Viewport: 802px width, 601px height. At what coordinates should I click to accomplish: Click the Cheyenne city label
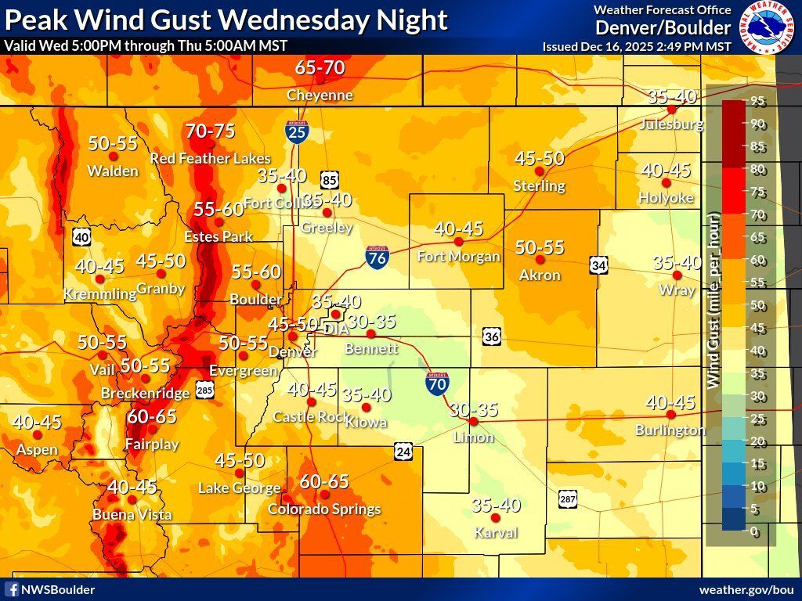point(320,95)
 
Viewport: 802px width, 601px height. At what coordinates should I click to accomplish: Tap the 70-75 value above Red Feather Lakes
point(210,131)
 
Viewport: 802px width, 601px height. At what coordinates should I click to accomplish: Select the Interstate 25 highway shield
point(296,131)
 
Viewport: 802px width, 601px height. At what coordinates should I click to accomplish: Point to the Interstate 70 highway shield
point(438,383)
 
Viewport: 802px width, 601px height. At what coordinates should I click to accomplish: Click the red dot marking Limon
point(473,421)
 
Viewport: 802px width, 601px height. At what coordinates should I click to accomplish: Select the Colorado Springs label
point(324,509)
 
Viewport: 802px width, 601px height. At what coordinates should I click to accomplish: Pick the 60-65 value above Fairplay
point(152,416)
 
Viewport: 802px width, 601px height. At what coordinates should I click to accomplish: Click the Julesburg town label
point(670,124)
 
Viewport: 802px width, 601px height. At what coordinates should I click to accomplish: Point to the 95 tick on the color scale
point(758,101)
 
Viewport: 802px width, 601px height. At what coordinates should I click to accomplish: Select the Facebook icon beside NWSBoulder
point(12,589)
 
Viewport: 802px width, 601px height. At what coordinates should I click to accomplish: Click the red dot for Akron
point(540,259)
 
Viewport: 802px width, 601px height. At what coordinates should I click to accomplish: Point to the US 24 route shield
point(403,452)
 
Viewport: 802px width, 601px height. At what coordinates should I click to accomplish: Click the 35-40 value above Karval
point(496,506)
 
